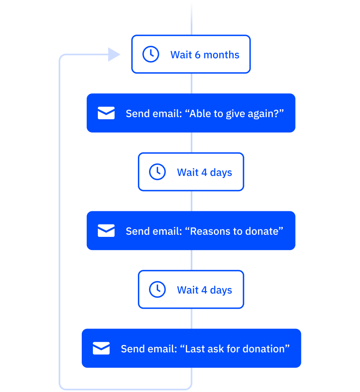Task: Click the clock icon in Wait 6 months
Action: click(x=151, y=54)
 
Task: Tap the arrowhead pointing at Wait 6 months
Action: click(x=114, y=54)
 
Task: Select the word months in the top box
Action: click(x=221, y=55)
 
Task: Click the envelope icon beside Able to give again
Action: click(x=106, y=113)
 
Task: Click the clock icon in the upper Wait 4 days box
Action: click(x=157, y=172)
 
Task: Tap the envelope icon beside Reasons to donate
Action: click(x=106, y=231)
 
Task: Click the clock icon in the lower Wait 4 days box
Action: click(x=157, y=289)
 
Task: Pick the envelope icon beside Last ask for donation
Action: click(x=101, y=348)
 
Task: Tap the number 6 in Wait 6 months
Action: click(x=198, y=55)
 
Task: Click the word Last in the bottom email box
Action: click(x=194, y=349)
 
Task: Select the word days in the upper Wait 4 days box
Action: click(x=221, y=173)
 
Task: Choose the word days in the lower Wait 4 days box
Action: click(x=221, y=290)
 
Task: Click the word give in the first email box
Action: click(x=235, y=114)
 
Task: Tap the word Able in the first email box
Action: click(x=200, y=113)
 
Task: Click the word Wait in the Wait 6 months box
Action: click(x=181, y=55)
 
